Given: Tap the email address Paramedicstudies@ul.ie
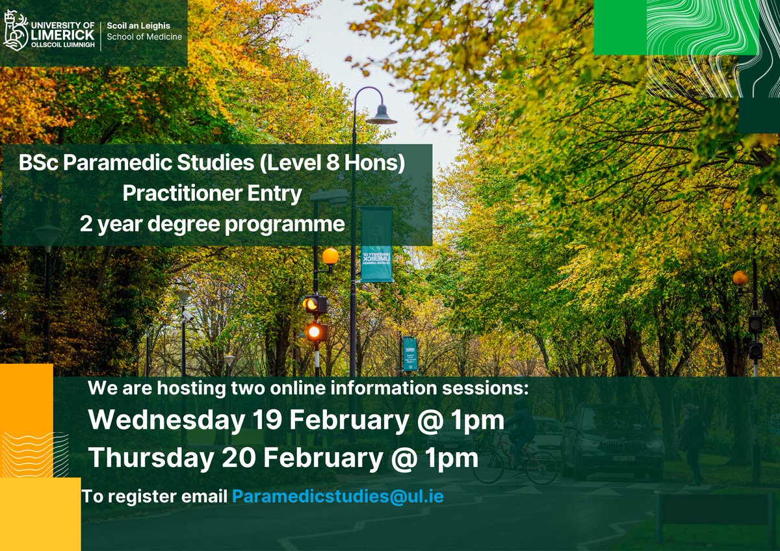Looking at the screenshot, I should coord(338,496).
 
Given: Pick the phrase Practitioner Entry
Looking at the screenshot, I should coord(212,194).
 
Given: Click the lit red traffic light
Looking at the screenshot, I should coord(315,332).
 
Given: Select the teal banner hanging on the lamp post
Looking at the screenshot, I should coord(376,244).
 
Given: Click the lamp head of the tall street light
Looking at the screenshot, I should coord(382,117).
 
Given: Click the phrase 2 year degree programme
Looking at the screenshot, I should coord(212,224).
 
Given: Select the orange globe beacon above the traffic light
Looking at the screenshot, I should coord(330,256).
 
